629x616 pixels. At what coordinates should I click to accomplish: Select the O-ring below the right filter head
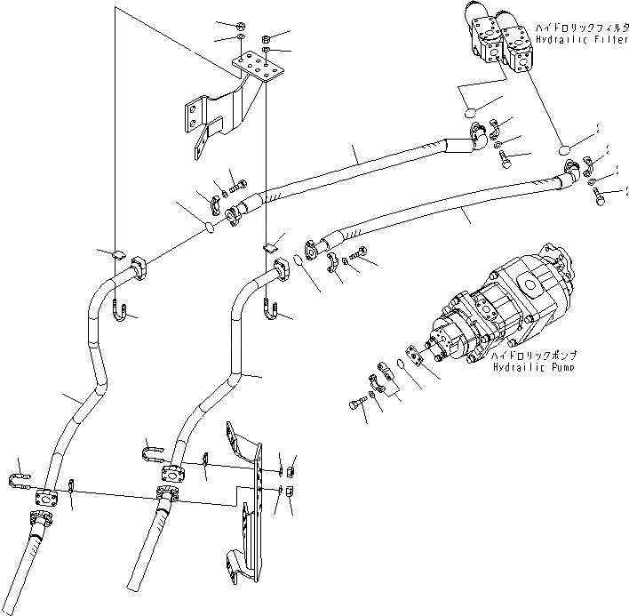pos(564,153)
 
